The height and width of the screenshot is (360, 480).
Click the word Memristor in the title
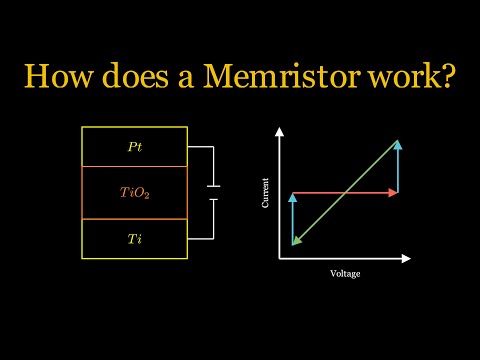tap(289, 76)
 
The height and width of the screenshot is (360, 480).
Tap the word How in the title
tap(63, 76)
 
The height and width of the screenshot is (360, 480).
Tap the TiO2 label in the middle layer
tap(135, 193)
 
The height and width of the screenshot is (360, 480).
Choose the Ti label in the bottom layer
tap(135, 239)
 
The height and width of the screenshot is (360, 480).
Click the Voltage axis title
tap(345, 273)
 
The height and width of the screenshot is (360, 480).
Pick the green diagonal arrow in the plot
tap(345, 193)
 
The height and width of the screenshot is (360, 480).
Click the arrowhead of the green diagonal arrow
tap(296, 240)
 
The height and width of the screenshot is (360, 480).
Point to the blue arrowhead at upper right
tap(398, 145)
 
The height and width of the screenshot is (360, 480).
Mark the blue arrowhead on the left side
tap(292, 198)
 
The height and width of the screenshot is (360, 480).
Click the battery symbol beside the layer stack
tap(213, 193)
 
